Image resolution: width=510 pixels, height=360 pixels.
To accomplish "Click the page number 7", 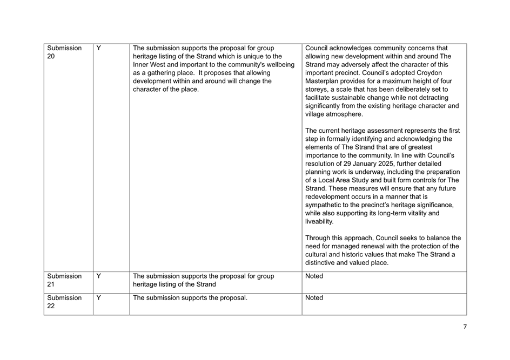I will (x=465, y=327).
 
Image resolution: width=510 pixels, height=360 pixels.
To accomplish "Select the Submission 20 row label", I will (x=64, y=52).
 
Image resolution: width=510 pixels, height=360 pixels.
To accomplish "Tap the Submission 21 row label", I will (x=64, y=280).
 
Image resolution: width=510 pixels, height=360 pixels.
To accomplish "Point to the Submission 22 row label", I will (x=64, y=302).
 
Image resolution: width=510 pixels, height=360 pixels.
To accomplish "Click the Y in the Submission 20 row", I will (x=99, y=48).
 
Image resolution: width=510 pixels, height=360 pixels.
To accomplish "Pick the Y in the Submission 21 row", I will (x=99, y=276).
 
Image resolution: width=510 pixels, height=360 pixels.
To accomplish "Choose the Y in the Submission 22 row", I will (x=99, y=297).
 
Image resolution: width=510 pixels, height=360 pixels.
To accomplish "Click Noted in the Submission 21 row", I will (x=314, y=276).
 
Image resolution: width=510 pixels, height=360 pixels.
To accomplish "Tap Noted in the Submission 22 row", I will (x=314, y=297).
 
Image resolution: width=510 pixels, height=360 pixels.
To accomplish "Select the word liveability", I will (x=319, y=221).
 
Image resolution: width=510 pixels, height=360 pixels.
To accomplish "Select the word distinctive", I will (x=324, y=263).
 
